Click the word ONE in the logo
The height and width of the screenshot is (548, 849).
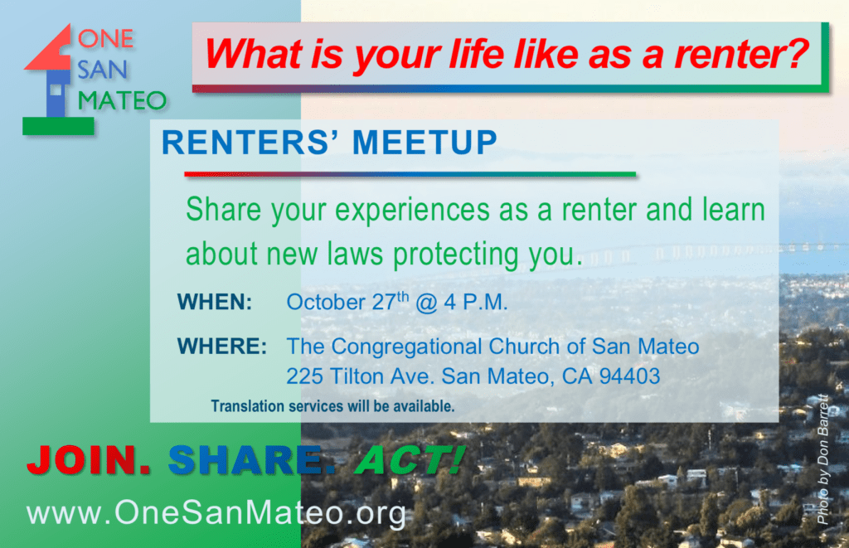105,39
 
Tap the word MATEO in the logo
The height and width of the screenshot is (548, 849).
122,100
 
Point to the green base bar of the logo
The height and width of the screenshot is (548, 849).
58,126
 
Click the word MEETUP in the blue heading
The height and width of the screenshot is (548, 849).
424,143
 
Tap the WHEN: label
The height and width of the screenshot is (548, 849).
215,302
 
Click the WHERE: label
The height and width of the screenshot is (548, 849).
222,347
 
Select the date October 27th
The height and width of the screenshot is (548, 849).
347,302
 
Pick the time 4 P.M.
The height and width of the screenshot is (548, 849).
476,302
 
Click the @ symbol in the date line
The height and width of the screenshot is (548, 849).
426,303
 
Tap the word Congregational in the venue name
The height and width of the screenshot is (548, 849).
406,347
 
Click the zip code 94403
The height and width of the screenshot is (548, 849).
630,376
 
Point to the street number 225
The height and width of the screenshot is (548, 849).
305,376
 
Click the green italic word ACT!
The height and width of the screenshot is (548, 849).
410,461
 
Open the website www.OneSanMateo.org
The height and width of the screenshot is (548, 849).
216,512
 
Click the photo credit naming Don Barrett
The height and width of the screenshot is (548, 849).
822,459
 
